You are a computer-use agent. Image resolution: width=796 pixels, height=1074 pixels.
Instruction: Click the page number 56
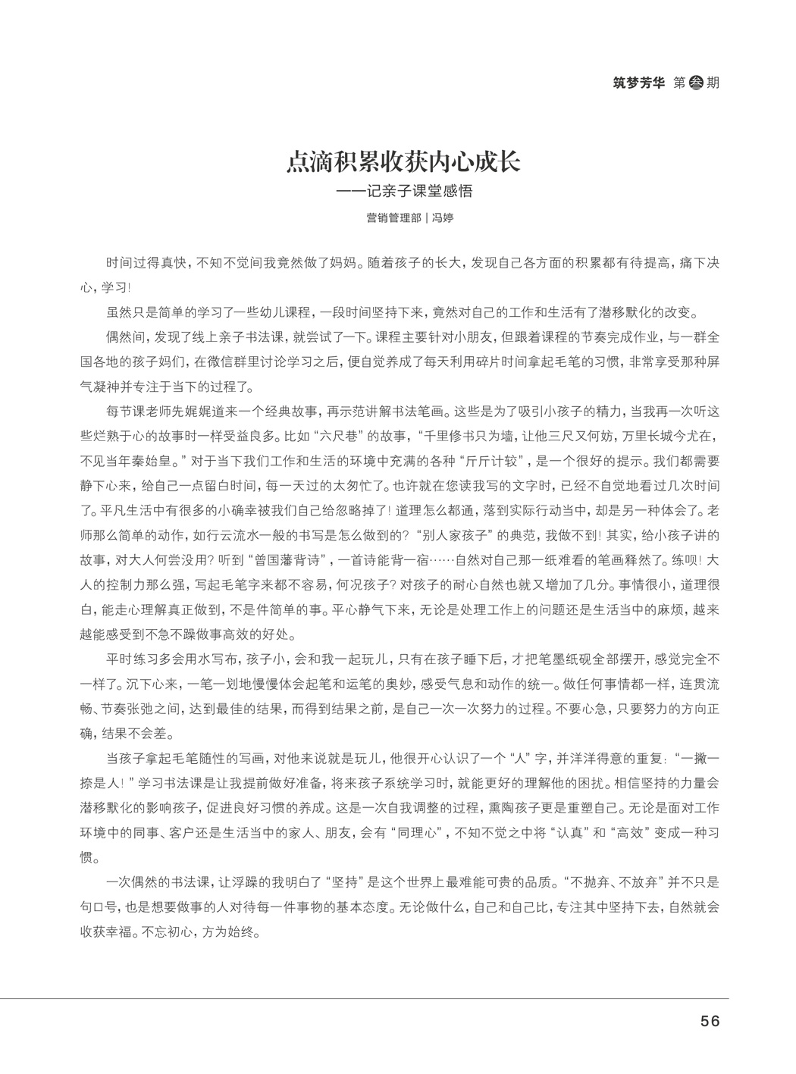[x=710, y=1020]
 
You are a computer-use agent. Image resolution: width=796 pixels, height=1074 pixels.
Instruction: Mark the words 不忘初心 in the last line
[x=165, y=932]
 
